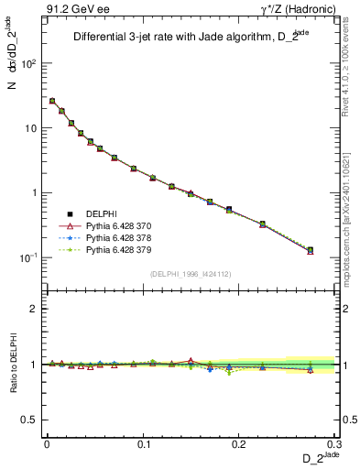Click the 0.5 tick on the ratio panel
[31, 420]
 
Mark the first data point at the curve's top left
[52, 101]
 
